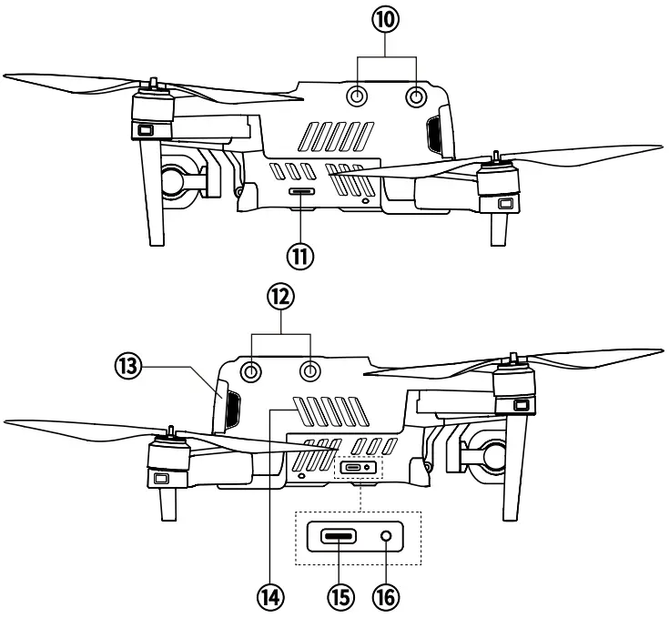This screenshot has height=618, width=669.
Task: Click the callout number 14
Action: (x=269, y=597)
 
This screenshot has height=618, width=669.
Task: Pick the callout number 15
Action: (x=341, y=597)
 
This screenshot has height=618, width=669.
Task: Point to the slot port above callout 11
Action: (x=301, y=192)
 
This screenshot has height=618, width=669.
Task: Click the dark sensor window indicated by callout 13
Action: (x=228, y=407)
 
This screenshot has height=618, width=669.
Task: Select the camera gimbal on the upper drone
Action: (x=180, y=177)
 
